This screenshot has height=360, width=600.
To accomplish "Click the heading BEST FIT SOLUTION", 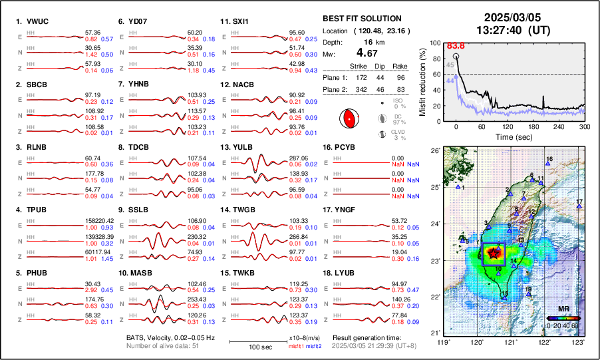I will (361, 19).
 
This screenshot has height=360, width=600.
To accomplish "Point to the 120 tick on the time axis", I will (508, 126).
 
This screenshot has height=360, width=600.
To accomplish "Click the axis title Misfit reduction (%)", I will (422, 81).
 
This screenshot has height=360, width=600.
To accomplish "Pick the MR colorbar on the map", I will (562, 318).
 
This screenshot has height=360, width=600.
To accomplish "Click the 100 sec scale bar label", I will (259, 347).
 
